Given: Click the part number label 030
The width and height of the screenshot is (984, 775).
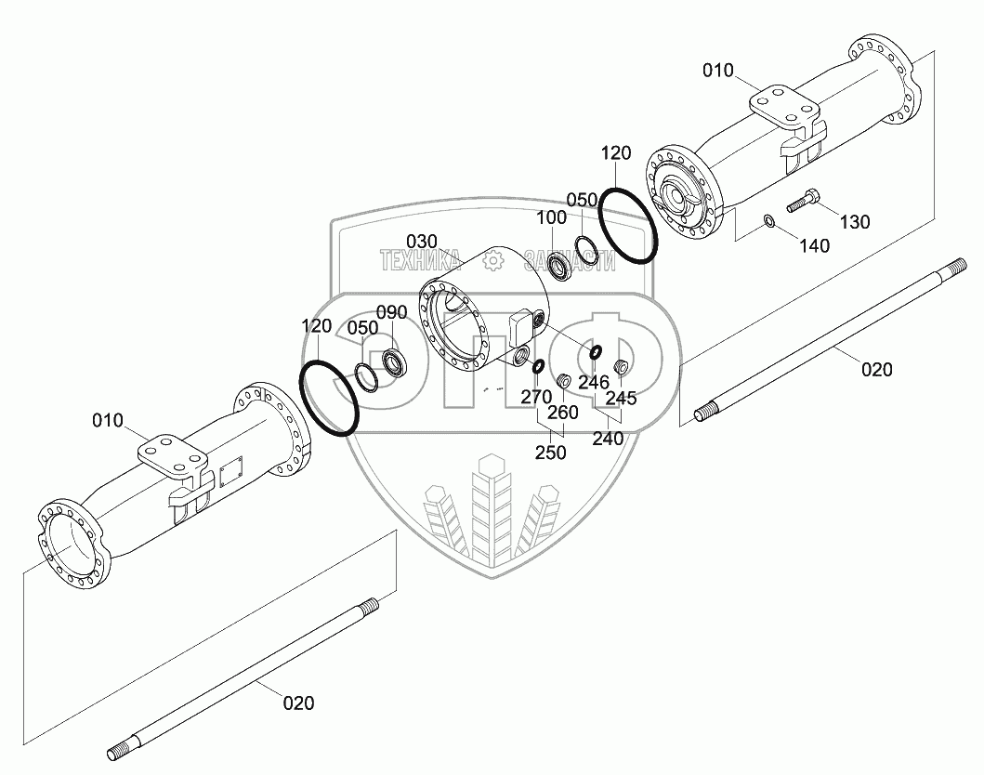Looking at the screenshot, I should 421,242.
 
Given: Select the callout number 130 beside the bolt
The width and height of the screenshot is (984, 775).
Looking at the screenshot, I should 855,221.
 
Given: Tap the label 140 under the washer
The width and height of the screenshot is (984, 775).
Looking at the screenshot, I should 815,246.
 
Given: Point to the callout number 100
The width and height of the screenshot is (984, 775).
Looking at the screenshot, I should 552,217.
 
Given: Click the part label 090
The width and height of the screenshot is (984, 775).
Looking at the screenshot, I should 392,311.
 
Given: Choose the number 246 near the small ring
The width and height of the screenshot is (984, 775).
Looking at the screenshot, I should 593,382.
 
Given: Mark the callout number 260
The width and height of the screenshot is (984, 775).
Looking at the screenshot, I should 563,412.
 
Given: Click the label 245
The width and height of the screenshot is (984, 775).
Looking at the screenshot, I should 622,398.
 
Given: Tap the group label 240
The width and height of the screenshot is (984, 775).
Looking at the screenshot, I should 608,440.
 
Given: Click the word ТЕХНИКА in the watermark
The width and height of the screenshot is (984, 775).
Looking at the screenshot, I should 421,261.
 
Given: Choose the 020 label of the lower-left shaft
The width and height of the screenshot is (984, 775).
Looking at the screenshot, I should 298,703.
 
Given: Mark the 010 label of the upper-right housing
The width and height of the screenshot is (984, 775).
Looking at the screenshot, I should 717,71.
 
